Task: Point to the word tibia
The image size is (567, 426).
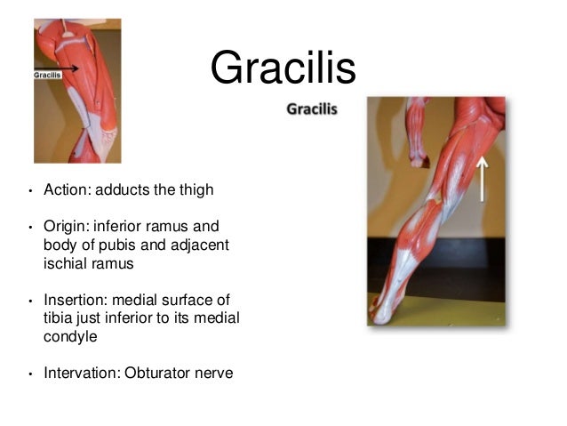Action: [57, 317]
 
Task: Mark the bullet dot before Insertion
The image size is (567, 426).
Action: [30, 301]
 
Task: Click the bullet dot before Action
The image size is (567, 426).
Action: [30, 192]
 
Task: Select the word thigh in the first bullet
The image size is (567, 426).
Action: [196, 190]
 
